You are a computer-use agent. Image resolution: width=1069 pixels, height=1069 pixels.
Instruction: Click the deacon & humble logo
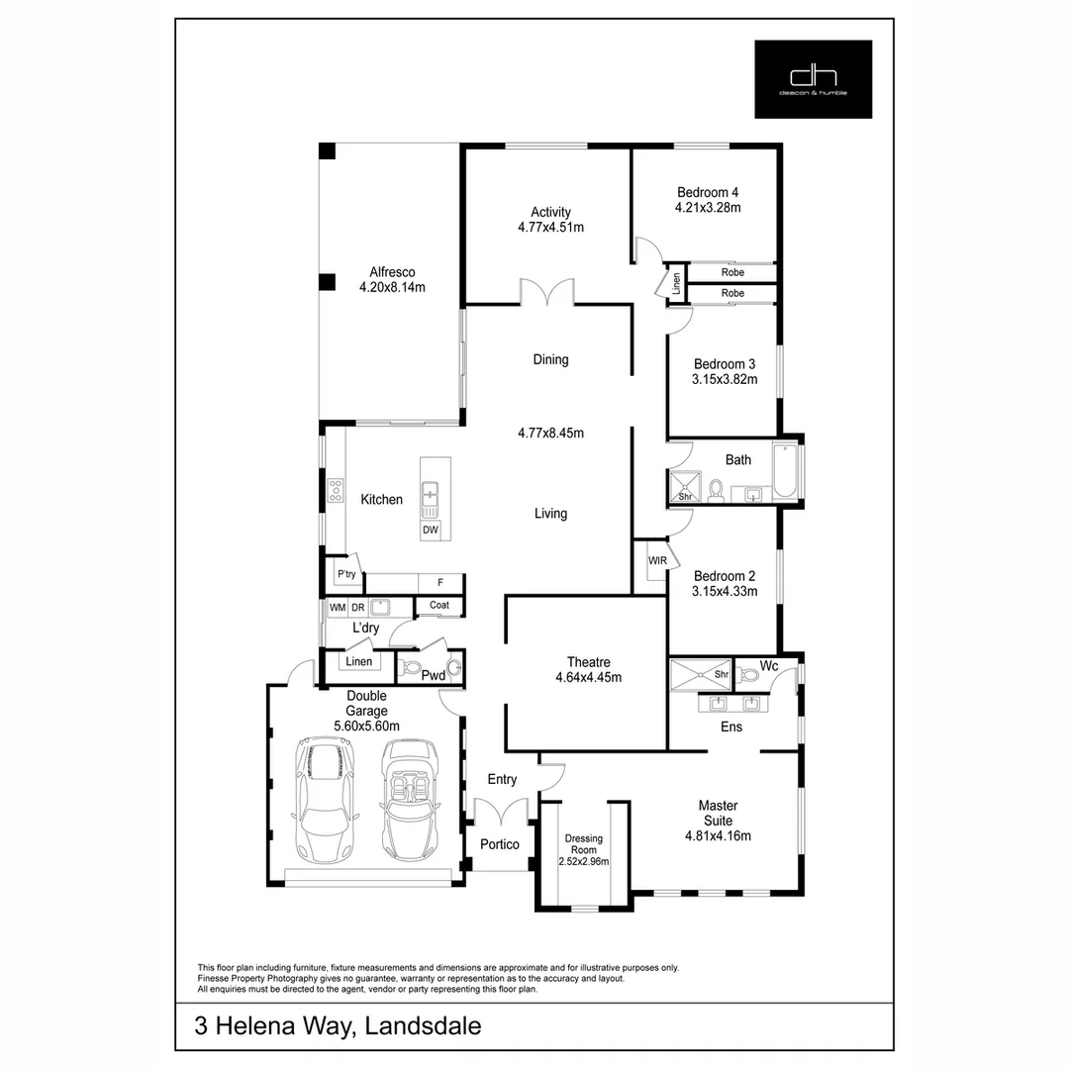[x=813, y=79]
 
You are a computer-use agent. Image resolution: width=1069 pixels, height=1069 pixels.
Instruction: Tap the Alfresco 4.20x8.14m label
[x=392, y=280]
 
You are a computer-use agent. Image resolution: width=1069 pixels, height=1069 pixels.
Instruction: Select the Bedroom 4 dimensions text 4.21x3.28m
[x=708, y=208]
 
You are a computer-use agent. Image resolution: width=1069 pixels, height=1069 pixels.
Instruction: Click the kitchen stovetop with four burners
[x=336, y=490]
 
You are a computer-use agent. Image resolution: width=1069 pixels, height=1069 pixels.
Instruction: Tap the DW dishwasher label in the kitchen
[x=431, y=530]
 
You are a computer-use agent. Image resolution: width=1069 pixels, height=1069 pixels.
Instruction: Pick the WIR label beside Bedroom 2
[x=657, y=561]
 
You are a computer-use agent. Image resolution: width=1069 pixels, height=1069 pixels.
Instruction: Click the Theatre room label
[x=588, y=662]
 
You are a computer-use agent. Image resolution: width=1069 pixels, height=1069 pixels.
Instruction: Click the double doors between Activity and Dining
[x=547, y=293]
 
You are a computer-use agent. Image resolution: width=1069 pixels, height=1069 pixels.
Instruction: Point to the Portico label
[x=500, y=844]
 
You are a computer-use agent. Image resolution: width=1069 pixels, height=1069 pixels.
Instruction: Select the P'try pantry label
[x=346, y=574]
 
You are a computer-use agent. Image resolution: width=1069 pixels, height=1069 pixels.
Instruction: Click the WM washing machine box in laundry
[x=338, y=607]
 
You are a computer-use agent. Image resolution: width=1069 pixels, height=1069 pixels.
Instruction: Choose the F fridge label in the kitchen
[x=439, y=582]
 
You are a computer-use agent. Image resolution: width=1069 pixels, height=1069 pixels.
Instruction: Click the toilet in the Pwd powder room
[x=453, y=667]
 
